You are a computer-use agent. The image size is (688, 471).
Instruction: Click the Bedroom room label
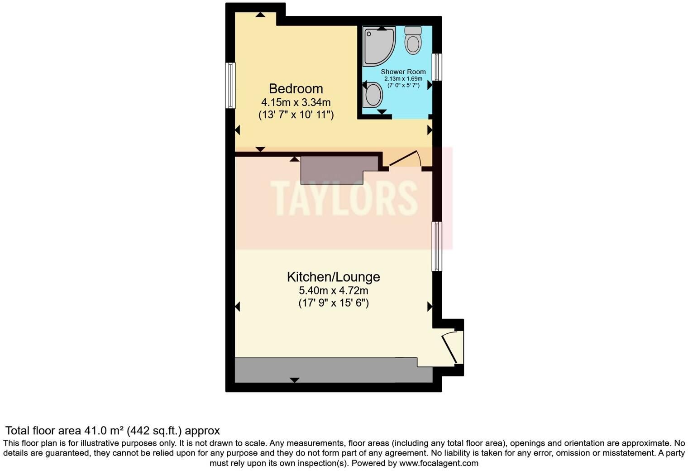tap(296, 89)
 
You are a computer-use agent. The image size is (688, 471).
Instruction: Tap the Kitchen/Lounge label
tap(334, 277)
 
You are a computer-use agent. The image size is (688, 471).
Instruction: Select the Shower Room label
tap(403, 72)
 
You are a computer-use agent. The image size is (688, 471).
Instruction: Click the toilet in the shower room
tap(413, 40)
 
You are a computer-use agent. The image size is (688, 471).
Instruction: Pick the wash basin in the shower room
tap(373, 95)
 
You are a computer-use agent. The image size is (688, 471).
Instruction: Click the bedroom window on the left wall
tap(230, 86)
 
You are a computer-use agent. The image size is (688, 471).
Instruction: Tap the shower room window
tap(437, 67)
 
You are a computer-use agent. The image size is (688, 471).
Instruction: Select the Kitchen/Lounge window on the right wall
tap(437, 246)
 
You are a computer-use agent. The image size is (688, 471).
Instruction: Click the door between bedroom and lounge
tap(405, 159)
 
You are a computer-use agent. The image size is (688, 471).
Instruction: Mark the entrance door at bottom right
tap(449, 348)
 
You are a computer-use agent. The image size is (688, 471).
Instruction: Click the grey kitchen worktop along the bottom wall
tap(334, 370)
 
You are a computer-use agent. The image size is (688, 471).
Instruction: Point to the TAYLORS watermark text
tap(344, 198)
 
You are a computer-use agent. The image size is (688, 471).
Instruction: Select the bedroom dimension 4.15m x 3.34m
tap(296, 102)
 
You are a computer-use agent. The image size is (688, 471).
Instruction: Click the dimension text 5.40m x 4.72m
tap(334, 290)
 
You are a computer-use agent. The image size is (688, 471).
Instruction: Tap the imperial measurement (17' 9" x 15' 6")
tap(334, 303)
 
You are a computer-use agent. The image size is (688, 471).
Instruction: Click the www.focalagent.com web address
tap(439, 463)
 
